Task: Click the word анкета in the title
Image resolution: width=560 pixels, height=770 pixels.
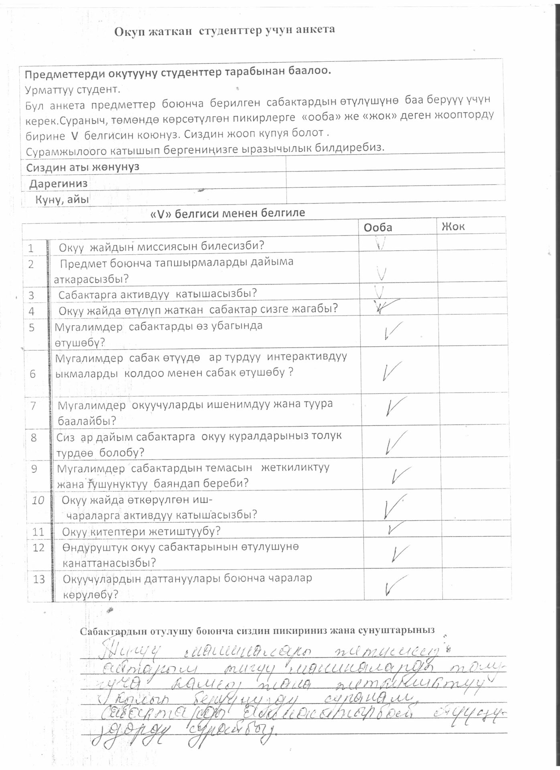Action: click(x=316, y=29)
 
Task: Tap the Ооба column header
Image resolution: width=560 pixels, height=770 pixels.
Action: click(x=377, y=227)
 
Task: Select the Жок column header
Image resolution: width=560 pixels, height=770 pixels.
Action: click(x=453, y=226)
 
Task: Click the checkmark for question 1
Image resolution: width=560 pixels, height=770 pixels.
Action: click(x=381, y=243)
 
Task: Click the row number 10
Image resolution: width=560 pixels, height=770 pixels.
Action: click(x=38, y=500)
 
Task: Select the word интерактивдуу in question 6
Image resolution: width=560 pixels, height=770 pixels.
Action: click(x=306, y=357)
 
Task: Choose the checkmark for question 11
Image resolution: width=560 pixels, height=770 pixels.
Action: click(x=395, y=529)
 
